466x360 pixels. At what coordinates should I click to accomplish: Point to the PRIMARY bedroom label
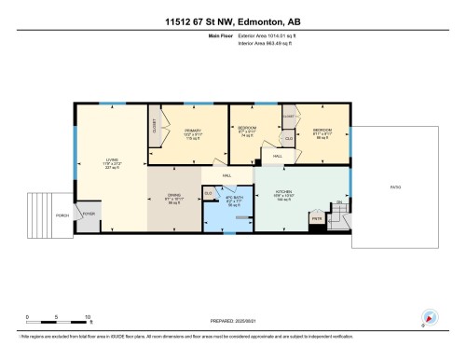pos(193,132)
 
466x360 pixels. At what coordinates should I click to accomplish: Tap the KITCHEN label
pos(284,194)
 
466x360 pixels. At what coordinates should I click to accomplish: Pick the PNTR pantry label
pos(317,219)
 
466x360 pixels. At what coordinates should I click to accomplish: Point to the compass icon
pos(430,316)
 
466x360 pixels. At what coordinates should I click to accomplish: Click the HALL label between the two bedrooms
pos(278,156)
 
